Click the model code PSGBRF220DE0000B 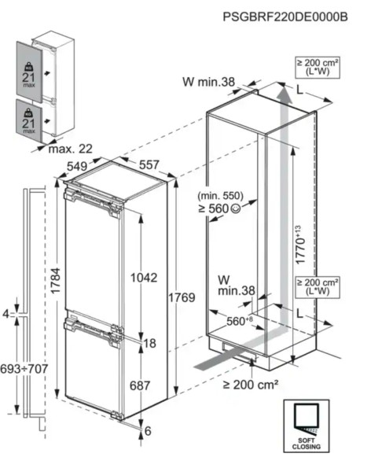pyautogui.click(x=295, y=16)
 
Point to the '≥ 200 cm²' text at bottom pyautogui.click(x=252, y=385)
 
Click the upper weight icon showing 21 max pyautogui.click(x=29, y=70)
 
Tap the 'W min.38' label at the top pyautogui.click(x=209, y=80)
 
